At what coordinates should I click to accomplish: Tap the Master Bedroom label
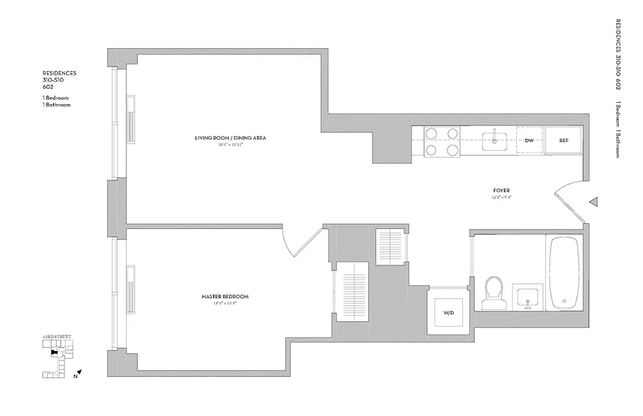pyautogui.click(x=225, y=296)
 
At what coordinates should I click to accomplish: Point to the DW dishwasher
pyautogui.click(x=529, y=140)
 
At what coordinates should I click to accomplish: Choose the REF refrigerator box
pyautogui.click(x=563, y=140)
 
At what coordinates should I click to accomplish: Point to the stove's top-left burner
pyautogui.click(x=432, y=134)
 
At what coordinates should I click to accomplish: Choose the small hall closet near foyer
pyautogui.click(x=390, y=246)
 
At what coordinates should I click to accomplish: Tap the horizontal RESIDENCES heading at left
pyautogui.click(x=59, y=73)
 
